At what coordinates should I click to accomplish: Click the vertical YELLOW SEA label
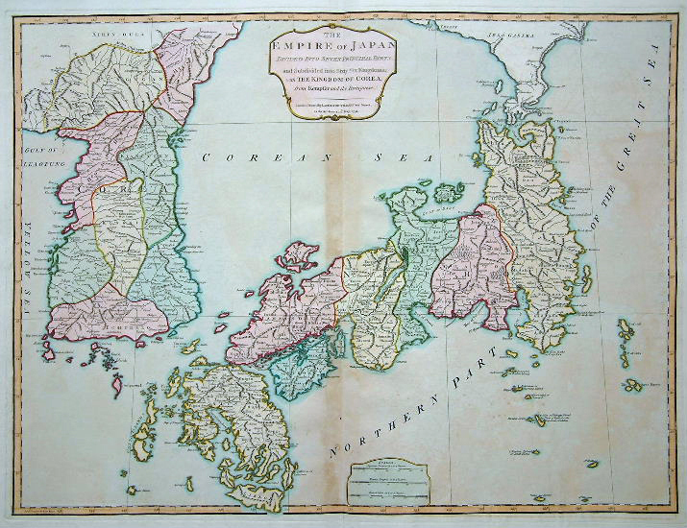click(x=26, y=259)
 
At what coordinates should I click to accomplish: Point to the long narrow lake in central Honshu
click(x=405, y=257)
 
